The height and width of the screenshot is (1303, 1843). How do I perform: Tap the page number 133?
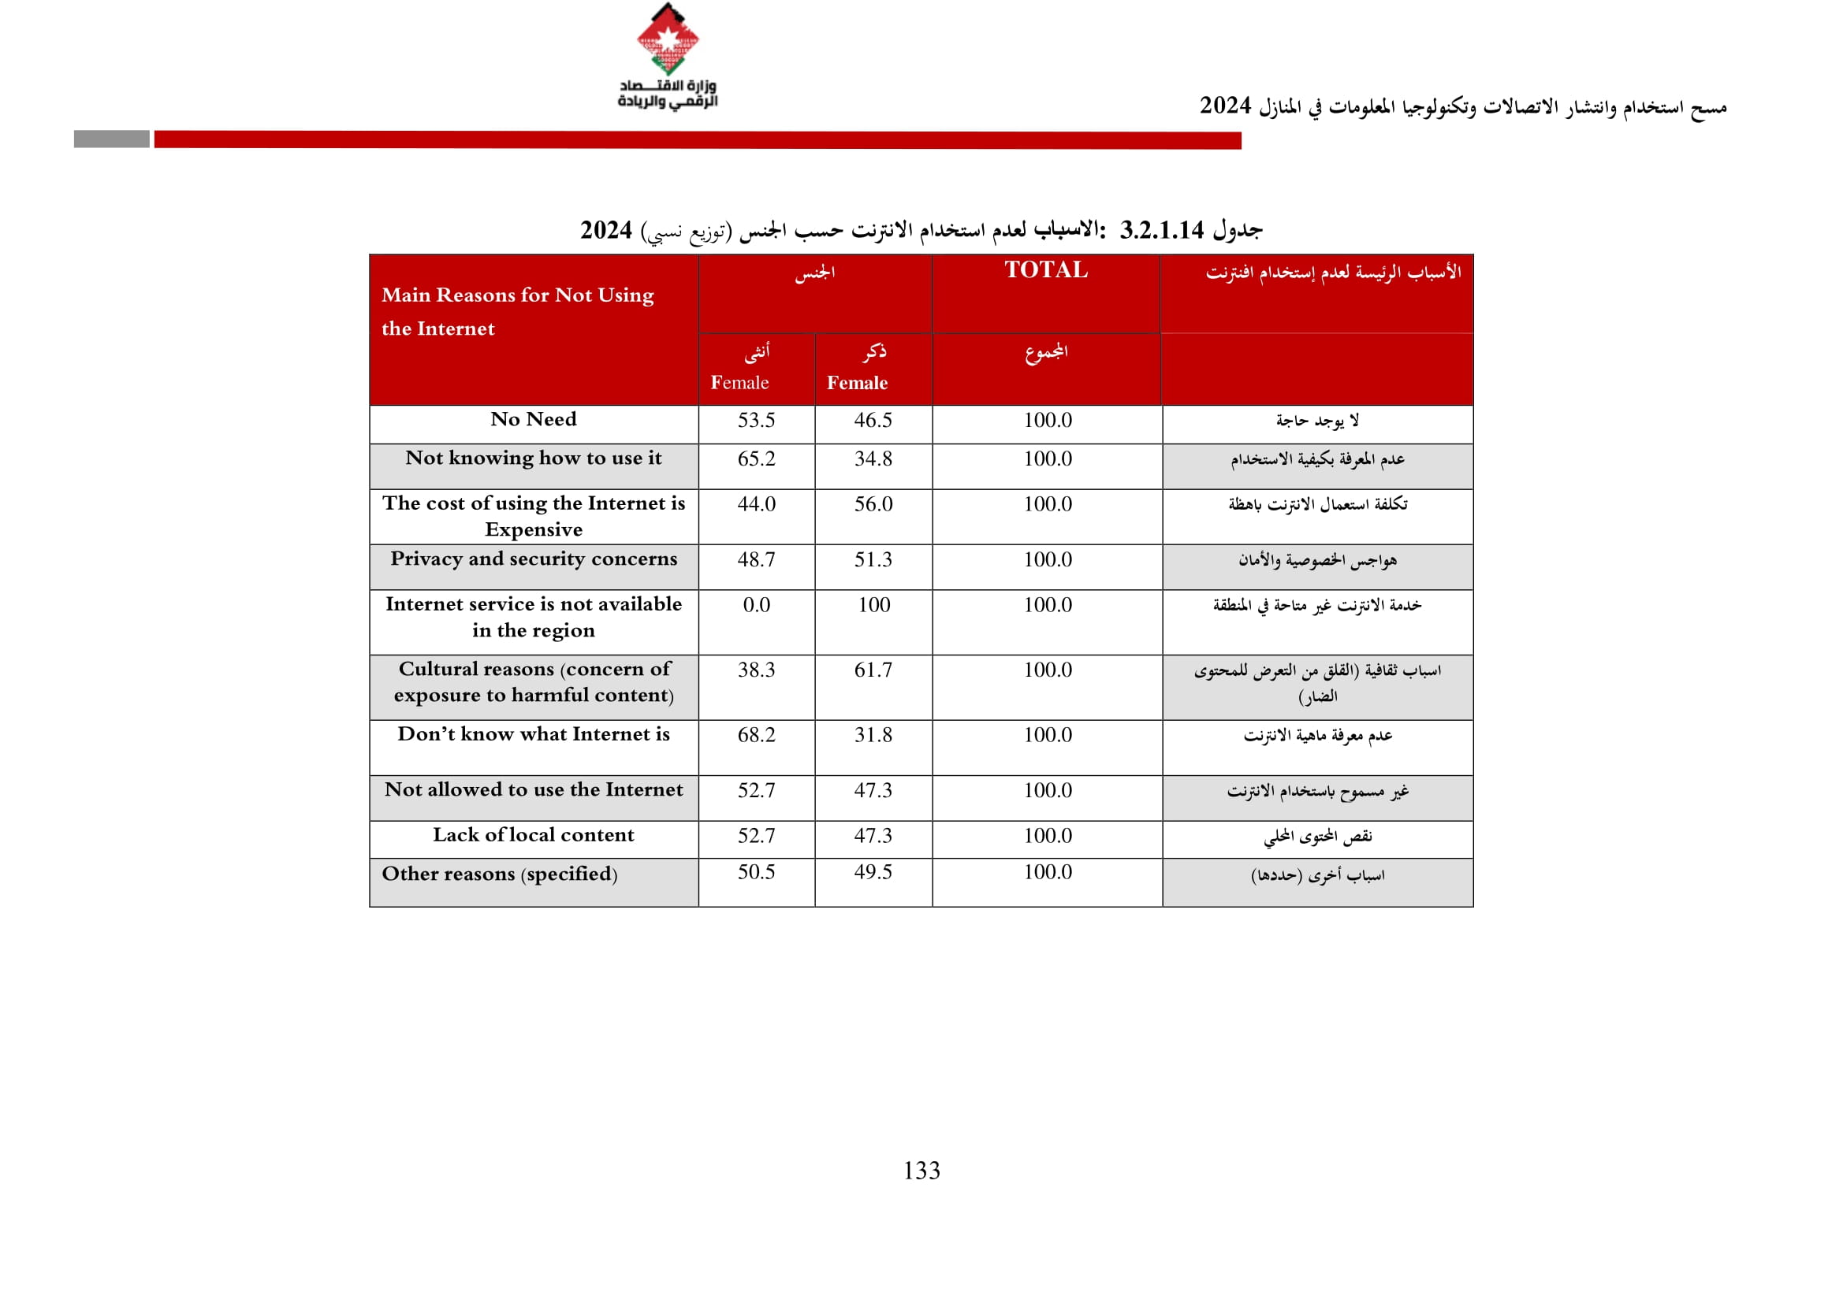(x=921, y=1171)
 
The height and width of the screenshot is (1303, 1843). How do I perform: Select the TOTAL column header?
(x=1046, y=270)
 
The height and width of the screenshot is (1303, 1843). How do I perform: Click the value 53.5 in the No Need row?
(x=756, y=421)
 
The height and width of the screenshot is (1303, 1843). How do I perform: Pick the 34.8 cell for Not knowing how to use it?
(x=873, y=459)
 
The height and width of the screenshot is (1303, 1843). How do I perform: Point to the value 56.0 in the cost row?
(x=873, y=504)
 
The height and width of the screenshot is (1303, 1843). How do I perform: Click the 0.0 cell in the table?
(x=756, y=605)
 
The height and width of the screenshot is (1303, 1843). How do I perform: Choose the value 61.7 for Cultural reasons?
(x=873, y=670)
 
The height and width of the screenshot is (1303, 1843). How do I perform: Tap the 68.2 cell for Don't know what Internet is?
(x=756, y=735)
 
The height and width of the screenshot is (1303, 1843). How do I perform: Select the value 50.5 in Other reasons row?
(x=756, y=872)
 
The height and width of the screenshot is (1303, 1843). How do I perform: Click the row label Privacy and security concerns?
(x=534, y=559)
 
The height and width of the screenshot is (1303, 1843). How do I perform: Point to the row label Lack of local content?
(x=534, y=835)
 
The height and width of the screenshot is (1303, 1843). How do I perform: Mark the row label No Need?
(x=534, y=420)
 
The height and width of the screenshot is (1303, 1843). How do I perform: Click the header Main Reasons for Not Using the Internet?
(x=518, y=312)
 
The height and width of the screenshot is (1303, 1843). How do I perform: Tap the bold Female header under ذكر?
(x=858, y=384)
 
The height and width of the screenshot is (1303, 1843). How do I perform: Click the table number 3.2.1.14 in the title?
(x=1161, y=231)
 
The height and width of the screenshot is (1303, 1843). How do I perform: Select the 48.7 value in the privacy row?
(x=756, y=560)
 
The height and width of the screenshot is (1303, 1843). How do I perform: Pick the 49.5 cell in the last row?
(x=873, y=872)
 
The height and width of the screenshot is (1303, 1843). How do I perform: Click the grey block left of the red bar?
(x=112, y=139)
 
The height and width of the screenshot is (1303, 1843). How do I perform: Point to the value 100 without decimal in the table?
(x=873, y=605)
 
